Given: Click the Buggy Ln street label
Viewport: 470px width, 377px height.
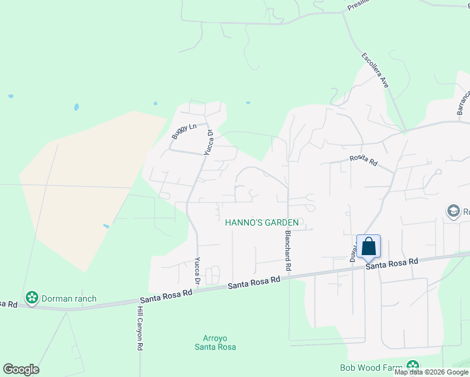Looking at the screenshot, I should (x=184, y=131).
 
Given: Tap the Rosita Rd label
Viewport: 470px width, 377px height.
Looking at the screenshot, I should (x=363, y=161).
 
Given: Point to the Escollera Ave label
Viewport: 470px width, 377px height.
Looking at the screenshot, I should (x=375, y=70).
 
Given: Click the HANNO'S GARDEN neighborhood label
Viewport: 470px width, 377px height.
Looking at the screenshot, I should (x=261, y=222).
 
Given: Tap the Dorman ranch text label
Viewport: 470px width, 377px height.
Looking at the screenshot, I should (x=69, y=298).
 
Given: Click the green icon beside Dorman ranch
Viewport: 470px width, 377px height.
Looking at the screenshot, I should (x=31, y=297).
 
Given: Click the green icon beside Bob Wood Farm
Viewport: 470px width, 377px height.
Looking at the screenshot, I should (x=413, y=366).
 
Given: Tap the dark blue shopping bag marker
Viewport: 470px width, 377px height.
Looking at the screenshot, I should (x=368, y=246).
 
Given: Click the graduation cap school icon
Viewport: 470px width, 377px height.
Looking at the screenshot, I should (x=453, y=212).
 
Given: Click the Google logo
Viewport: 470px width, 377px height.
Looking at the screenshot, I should (x=21, y=369).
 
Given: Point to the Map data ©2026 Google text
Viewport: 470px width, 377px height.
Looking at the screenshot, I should (x=432, y=372).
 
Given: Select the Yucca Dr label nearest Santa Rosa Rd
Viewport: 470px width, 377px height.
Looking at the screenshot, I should (x=197, y=270).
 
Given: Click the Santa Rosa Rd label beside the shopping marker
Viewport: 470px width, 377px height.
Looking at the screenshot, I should (x=393, y=264).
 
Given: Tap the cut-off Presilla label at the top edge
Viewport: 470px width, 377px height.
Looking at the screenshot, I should (x=357, y=6).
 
